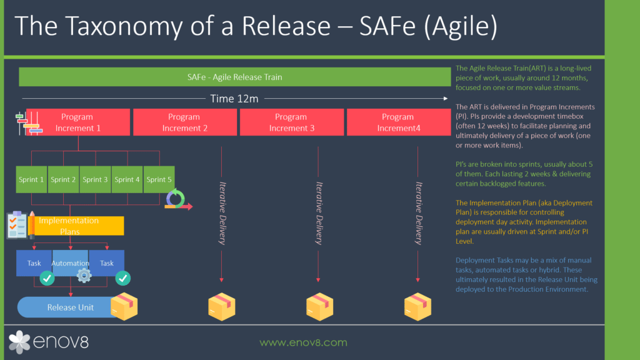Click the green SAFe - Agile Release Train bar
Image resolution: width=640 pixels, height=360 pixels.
[234, 77]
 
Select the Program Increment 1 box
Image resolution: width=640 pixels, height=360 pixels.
[77, 122]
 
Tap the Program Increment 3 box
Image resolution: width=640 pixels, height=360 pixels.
[291, 122]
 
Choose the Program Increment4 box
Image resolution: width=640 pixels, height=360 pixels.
[398, 122]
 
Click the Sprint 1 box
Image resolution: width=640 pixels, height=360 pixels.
[32, 179]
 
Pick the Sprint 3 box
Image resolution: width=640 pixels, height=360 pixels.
[96, 179]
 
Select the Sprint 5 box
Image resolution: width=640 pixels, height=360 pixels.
[159, 179]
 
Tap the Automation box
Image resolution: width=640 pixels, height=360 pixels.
[71, 263]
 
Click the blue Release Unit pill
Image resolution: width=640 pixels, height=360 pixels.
[70, 307]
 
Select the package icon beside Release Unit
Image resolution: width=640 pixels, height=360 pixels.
[124, 306]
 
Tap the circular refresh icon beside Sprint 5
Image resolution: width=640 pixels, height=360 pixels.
[176, 199]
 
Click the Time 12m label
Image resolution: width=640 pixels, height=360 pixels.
[234, 98]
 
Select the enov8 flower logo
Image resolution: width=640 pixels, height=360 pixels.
[19, 342]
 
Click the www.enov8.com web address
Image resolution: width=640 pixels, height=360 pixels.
[303, 342]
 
